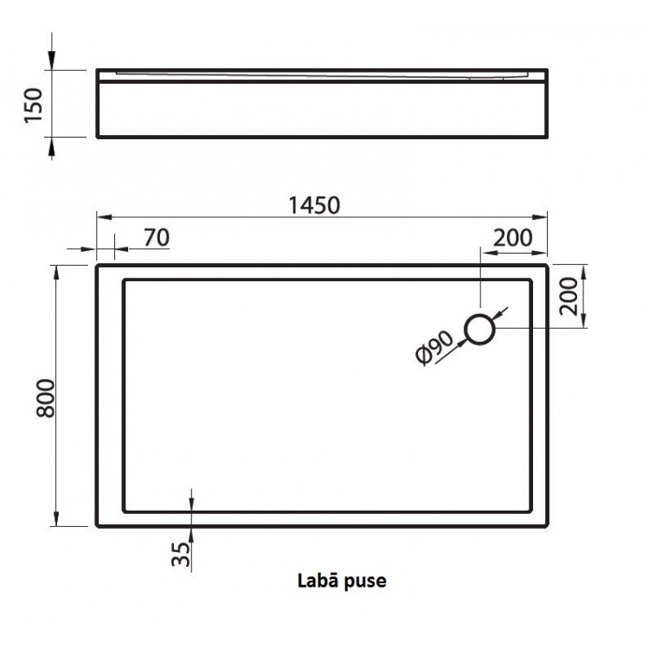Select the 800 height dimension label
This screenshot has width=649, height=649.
43,396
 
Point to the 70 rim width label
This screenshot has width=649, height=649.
156,236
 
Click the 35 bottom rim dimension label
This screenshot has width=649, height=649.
179,551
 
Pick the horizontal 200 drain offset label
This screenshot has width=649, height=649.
513,236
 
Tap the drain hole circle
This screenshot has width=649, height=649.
480,329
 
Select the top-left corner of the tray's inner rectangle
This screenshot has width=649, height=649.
125,280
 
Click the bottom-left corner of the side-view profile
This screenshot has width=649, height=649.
97,137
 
